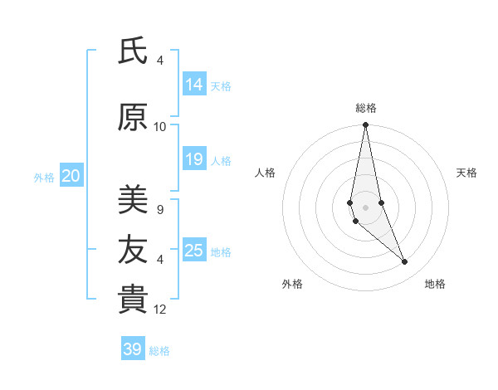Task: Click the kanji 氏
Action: click(x=132, y=51)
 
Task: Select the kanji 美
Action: click(x=132, y=199)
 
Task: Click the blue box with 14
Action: click(x=194, y=84)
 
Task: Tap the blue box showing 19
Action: click(x=194, y=159)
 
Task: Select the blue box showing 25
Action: click(x=194, y=251)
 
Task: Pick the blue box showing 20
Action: click(x=71, y=175)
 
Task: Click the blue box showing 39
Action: click(x=133, y=349)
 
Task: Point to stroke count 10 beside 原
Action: click(x=160, y=126)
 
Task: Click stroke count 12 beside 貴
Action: click(x=160, y=310)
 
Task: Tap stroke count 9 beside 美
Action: click(x=160, y=209)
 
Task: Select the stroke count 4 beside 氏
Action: click(x=160, y=61)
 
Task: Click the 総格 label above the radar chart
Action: click(x=365, y=108)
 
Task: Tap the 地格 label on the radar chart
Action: click(x=435, y=284)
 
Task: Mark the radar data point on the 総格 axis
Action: click(x=365, y=125)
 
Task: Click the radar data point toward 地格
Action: click(x=404, y=262)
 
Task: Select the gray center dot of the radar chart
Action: click(x=365, y=207)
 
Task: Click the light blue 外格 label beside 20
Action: click(x=44, y=177)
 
